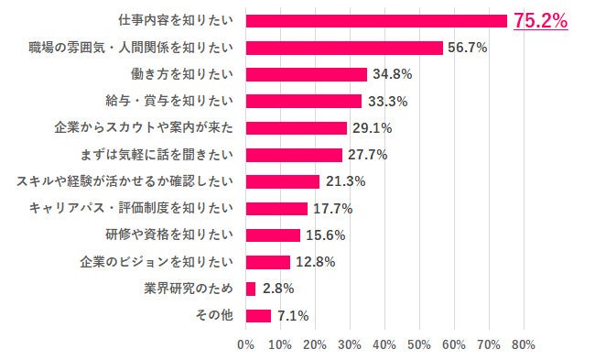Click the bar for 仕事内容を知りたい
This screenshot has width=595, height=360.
pos(376,20)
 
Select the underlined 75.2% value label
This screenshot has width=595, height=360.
pos(540,20)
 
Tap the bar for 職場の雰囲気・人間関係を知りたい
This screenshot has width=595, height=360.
pos(344,47)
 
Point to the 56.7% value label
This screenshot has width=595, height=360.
pos(467,47)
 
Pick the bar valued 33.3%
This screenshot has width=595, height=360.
pos(304,101)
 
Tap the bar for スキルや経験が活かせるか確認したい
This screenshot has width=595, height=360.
pos(283,181)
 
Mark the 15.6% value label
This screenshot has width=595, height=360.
pos(324,235)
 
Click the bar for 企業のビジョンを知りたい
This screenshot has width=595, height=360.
pos(268,262)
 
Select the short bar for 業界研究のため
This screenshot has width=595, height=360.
pos(251,289)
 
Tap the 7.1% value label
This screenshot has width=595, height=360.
pos(294,315)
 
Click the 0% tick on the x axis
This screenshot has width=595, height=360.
pos(245,345)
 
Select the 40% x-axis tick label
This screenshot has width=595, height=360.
pos(384,345)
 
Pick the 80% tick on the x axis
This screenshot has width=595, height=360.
pos(524,345)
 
